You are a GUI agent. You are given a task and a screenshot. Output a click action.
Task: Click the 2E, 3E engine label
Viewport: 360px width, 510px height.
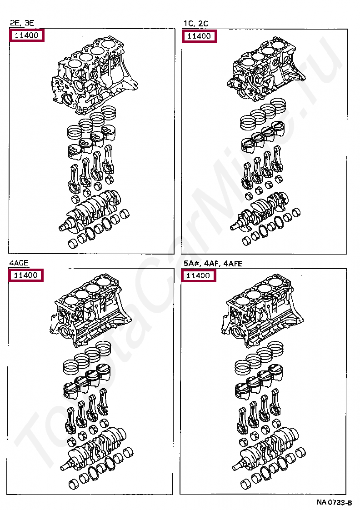coord(22,23)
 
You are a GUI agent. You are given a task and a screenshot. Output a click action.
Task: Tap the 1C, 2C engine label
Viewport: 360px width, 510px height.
coord(196,24)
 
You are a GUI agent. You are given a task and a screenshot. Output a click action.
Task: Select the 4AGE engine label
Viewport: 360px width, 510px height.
coord(19,263)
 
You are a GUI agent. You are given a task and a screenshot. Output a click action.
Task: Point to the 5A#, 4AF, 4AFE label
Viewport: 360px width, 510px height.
coord(213,264)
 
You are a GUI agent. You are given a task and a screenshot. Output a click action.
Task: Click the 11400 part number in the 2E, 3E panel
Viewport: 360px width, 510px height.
coord(27,35)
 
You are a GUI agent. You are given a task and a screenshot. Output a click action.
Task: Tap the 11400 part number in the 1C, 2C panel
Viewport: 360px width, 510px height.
coord(199,36)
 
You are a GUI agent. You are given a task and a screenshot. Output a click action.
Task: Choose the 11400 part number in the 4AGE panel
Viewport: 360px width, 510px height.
coord(26,275)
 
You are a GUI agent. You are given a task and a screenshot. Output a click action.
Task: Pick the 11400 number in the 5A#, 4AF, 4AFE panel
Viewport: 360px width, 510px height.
coord(198,276)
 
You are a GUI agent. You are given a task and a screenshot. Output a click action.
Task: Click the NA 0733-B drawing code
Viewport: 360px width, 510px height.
coord(334,503)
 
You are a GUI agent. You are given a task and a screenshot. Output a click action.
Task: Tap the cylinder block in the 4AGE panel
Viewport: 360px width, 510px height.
coord(90,310)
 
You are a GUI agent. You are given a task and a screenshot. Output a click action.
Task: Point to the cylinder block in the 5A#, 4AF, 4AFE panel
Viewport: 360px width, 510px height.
coord(263,310)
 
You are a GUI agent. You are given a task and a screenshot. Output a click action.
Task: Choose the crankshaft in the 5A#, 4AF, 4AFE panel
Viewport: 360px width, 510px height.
coord(265,448)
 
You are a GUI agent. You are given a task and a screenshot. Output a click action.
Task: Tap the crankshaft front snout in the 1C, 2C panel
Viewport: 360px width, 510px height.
coord(235,226)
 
